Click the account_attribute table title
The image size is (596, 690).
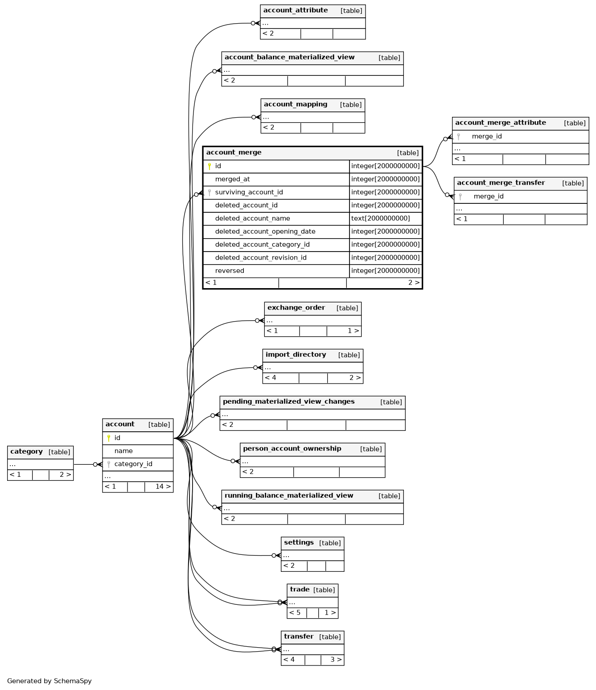296,10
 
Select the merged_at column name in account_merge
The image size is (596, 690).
232,179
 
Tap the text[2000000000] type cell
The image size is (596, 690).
380,218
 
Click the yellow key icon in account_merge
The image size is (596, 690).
209,166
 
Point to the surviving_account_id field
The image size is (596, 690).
249,192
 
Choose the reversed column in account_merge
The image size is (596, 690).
230,271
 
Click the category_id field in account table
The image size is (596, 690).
133,464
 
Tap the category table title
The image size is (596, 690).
26,452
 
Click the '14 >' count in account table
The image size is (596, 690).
163,487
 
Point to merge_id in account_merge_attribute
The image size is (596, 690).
486,136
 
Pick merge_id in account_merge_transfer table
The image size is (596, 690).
488,197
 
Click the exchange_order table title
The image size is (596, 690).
296,308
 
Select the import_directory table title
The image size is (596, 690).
296,355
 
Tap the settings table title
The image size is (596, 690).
299,543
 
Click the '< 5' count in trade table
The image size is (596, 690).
295,613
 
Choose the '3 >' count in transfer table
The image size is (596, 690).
336,660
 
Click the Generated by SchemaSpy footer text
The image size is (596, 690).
49,682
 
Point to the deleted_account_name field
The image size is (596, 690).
253,218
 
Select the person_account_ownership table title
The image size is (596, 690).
292,449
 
